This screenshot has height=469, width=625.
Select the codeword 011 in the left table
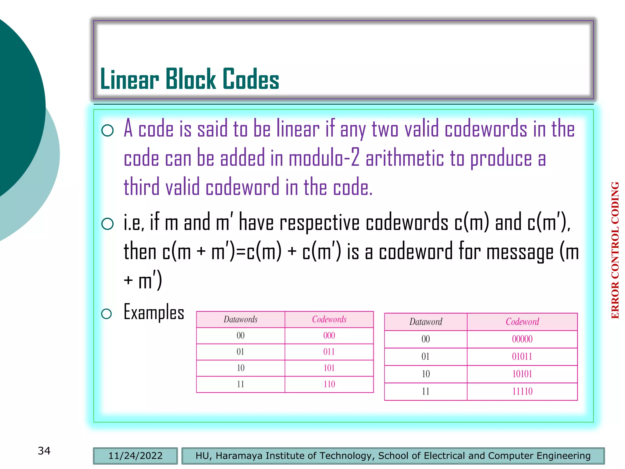(x=329, y=352)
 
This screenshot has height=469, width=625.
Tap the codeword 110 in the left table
(x=329, y=384)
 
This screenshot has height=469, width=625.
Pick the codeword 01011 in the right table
(x=522, y=356)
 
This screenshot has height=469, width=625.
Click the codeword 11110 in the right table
(x=522, y=391)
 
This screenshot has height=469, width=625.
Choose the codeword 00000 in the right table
(x=522, y=339)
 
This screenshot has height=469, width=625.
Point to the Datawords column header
(x=240, y=319)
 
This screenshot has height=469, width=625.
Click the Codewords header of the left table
(x=329, y=319)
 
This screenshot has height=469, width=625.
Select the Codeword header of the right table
(x=522, y=322)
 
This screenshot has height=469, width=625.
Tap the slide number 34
(x=44, y=451)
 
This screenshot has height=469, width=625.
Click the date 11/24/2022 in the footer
(x=135, y=456)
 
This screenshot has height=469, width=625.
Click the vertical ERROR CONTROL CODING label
(x=615, y=250)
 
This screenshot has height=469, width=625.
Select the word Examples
(x=154, y=312)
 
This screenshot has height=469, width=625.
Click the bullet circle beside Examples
(x=107, y=314)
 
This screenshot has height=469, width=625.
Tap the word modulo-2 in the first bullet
(x=324, y=158)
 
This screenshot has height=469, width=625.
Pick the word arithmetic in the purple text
(x=404, y=158)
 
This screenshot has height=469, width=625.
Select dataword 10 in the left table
(x=240, y=368)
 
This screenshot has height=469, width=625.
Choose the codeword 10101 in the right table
(x=522, y=374)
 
